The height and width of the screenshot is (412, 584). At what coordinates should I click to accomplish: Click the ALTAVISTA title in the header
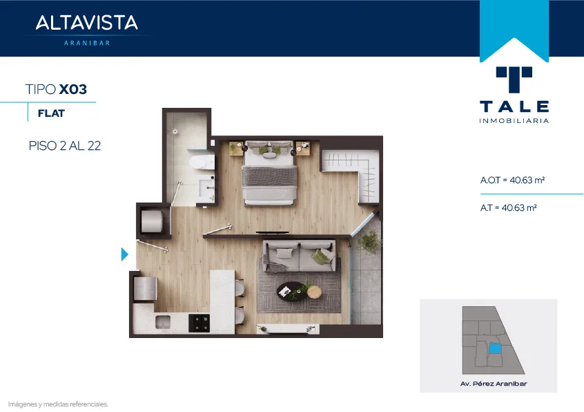click(86, 22)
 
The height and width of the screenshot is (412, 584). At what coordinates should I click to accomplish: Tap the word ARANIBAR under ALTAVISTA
click(87, 43)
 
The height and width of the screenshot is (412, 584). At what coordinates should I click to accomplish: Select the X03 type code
click(73, 89)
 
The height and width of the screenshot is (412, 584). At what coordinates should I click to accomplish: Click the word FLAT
click(51, 113)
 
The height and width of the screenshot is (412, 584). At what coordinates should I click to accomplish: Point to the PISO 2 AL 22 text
click(65, 145)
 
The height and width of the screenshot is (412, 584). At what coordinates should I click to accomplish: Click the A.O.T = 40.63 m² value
click(512, 180)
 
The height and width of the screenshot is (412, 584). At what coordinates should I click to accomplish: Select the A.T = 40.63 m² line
click(508, 207)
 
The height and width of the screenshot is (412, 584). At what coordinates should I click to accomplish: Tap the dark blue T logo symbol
click(514, 79)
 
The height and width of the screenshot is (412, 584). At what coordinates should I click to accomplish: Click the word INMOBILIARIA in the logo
click(514, 121)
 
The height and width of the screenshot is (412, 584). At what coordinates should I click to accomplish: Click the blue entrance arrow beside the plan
click(124, 254)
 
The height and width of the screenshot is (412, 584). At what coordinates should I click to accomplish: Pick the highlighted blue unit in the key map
click(495, 348)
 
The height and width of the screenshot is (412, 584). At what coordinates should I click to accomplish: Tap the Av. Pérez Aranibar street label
click(494, 384)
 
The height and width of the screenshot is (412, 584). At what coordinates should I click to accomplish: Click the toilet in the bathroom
click(202, 162)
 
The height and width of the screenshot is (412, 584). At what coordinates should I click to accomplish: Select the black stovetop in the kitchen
click(199, 323)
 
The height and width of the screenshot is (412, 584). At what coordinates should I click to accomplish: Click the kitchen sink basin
click(163, 322)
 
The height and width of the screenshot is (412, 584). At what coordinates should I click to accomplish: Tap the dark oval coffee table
click(293, 291)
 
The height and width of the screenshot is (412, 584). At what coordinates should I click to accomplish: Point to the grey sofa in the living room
click(299, 256)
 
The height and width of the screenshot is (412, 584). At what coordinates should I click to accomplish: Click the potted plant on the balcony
click(369, 242)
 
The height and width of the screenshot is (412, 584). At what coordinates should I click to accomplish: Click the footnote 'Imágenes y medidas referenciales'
click(58, 404)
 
